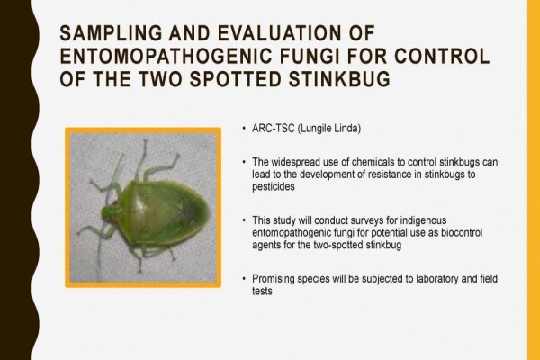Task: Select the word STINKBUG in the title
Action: [339, 78]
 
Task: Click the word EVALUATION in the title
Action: [277, 33]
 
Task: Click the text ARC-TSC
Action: [274, 129]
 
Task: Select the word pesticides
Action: [274, 186]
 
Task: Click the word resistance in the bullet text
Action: [390, 175]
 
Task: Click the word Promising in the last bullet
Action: [274, 279]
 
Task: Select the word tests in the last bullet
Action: [262, 291]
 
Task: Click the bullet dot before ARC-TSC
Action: [244, 129]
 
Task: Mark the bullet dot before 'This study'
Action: [244, 220]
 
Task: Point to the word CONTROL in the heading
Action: [442, 56]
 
